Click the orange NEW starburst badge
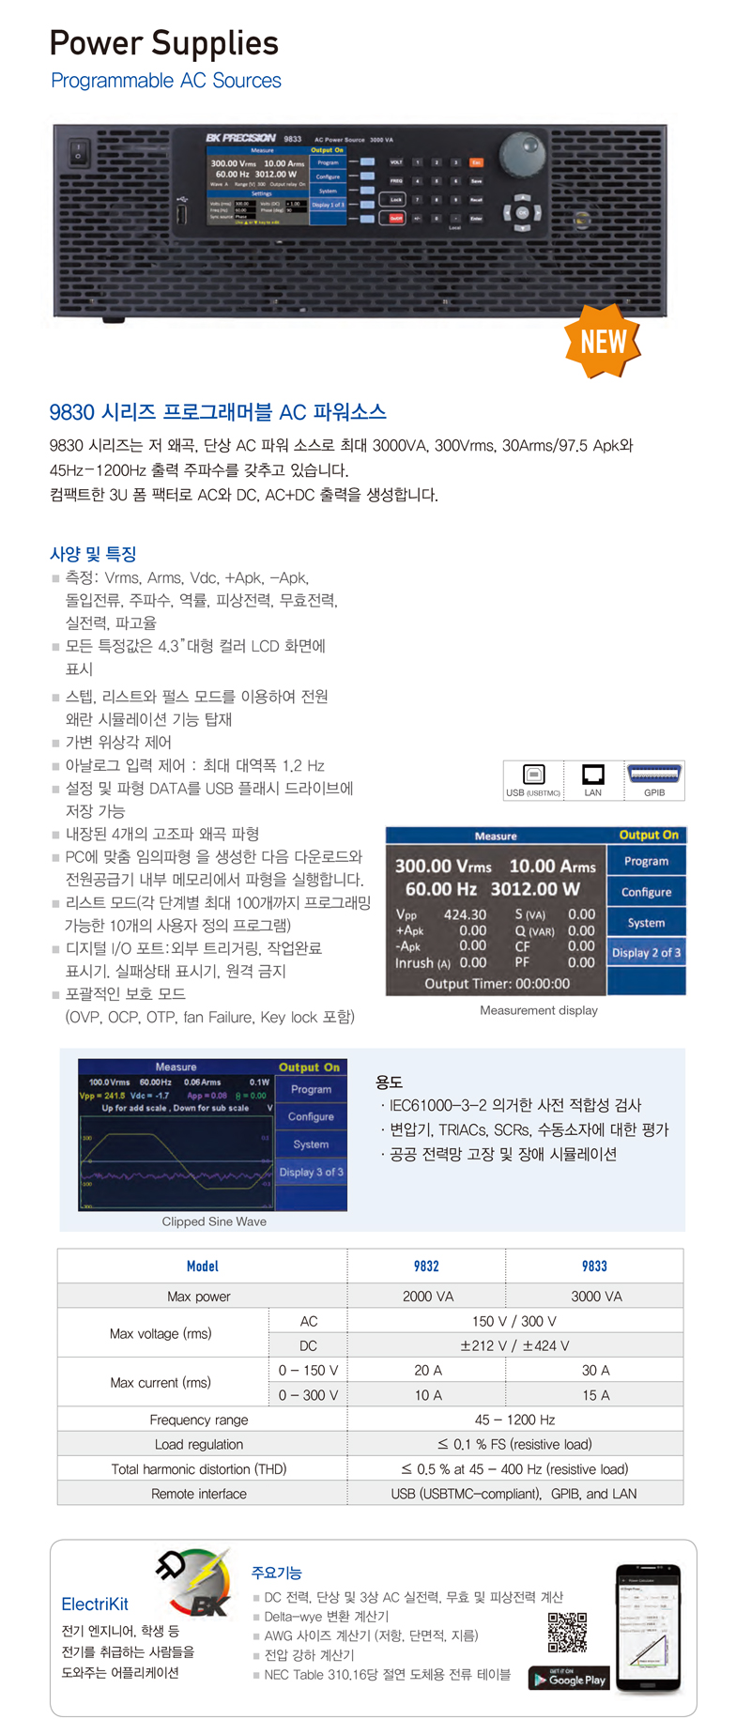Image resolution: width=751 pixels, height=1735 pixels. coord(603,341)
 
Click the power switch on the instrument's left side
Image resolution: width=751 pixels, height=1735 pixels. coord(80,148)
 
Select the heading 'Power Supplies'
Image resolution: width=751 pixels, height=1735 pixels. coord(163,43)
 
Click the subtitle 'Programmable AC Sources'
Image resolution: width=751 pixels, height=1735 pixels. coord(166,81)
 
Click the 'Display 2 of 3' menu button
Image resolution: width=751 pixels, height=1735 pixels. coord(646,953)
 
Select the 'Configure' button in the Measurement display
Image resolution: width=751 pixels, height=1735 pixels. coord(646,892)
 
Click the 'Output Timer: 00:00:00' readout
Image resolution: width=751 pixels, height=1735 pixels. coord(497,984)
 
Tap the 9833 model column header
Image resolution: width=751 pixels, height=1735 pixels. coord(594,1266)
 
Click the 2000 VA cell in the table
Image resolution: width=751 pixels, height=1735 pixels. coord(428,1297)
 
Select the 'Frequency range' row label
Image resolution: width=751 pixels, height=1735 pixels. coord(199,1420)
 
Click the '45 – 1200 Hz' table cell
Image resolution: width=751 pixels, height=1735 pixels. coord(514,1420)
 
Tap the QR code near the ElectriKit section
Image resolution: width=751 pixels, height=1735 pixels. coord(567,1632)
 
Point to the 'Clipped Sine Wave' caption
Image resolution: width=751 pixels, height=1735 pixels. coord(214,1221)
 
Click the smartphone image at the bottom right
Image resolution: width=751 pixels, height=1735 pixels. coord(648,1629)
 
